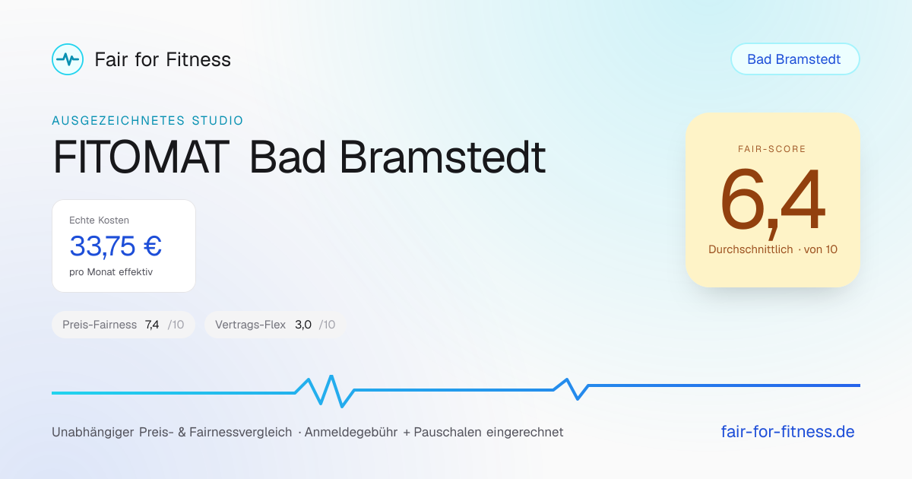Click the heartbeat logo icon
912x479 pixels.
(68, 59)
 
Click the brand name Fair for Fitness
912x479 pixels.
(163, 59)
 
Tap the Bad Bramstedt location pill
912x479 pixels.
(795, 59)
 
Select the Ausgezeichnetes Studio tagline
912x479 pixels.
(147, 121)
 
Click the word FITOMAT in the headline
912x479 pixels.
(141, 157)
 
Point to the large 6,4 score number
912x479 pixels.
(772, 201)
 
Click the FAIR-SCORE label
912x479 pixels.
(772, 149)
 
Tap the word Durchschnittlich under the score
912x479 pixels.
(750, 249)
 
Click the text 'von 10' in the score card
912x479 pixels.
(820, 249)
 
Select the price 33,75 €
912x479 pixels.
(116, 246)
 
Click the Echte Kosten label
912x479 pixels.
(99, 220)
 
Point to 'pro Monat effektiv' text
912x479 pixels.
(111, 272)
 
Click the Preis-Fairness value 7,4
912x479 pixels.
(152, 325)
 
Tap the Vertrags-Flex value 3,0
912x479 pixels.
(303, 325)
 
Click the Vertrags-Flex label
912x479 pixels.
(250, 325)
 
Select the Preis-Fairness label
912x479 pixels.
(100, 325)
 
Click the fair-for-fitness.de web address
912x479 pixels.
(787, 432)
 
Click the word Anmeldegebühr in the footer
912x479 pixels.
(351, 432)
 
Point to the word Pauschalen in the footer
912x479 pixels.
(448, 432)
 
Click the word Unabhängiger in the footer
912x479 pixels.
(93, 432)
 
